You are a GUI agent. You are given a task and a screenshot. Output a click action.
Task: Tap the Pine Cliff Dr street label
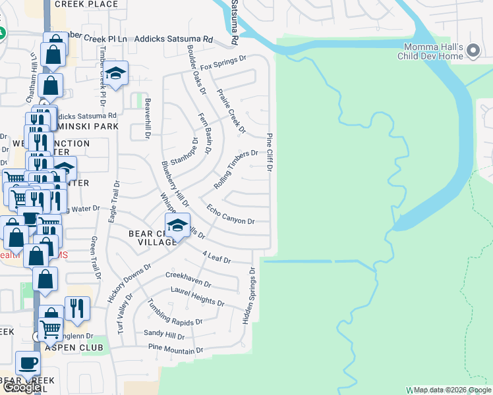(270, 152)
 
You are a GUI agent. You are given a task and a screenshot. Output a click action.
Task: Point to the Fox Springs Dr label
(223, 63)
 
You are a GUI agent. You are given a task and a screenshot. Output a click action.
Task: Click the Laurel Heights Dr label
(198, 300)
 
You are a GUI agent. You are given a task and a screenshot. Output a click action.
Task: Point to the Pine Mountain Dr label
(175, 349)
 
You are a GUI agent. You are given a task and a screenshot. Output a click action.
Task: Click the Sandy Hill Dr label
(164, 335)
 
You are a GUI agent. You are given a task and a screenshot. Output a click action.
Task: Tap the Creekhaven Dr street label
(188, 280)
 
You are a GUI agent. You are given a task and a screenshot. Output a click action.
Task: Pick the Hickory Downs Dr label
(130, 283)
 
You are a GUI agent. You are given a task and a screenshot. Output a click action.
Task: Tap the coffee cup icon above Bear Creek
(28, 363)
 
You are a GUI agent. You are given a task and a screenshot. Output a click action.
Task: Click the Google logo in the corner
(21, 387)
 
